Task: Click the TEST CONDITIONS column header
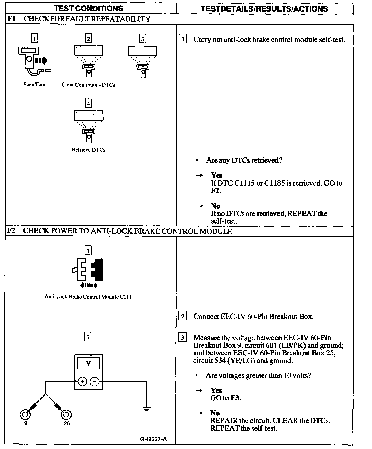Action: (88, 8)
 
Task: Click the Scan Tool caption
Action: (34, 85)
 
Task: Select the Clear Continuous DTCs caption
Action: (88, 85)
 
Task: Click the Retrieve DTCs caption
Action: (88, 150)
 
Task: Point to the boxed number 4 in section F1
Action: (88, 104)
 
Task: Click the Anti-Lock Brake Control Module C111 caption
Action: (88, 297)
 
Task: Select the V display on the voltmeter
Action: (88, 363)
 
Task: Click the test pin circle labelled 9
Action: (25, 415)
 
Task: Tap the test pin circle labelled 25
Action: (66, 415)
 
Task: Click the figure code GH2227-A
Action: (153, 439)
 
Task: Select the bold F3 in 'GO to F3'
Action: (235, 398)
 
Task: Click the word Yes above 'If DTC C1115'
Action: (217, 175)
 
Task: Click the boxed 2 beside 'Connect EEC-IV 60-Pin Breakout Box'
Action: (183, 316)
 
